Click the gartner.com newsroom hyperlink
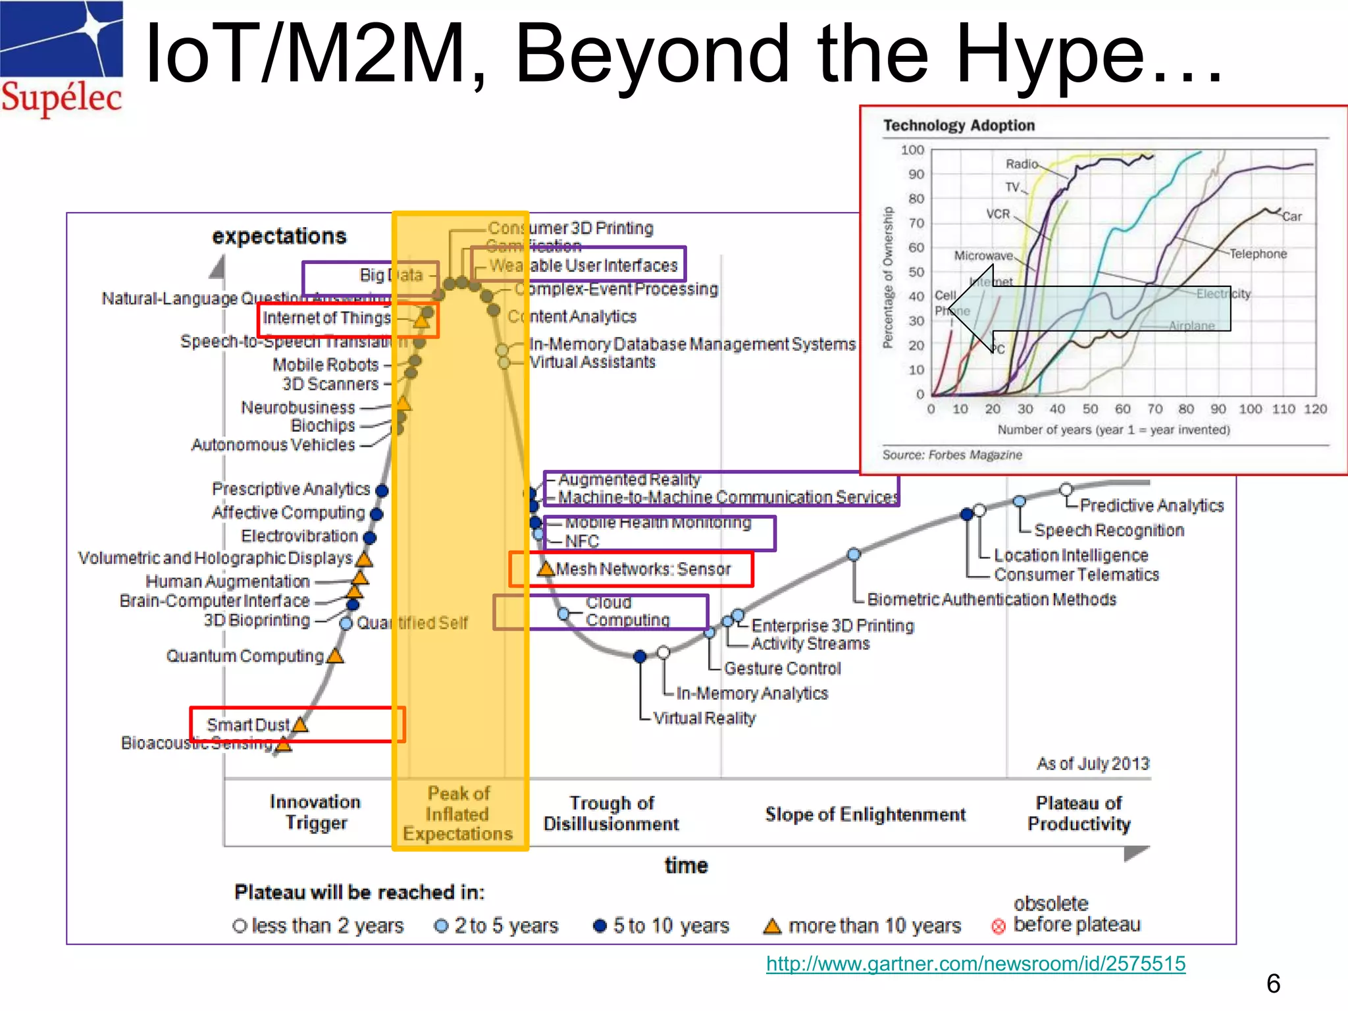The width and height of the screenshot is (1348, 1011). (975, 964)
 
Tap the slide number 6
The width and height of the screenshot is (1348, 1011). (1273, 983)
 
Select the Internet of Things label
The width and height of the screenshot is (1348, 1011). (326, 318)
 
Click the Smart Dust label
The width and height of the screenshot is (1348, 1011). (247, 725)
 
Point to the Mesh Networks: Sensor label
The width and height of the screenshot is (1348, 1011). (643, 569)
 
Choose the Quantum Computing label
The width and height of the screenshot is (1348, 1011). (245, 656)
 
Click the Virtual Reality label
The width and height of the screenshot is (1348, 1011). (704, 718)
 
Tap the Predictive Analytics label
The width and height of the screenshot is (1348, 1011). (1151, 505)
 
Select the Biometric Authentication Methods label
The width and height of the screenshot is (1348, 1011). (991, 600)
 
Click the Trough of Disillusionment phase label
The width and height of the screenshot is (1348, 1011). (611, 814)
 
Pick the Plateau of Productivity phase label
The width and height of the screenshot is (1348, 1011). (1079, 814)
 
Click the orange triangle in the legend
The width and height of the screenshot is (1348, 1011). (772, 926)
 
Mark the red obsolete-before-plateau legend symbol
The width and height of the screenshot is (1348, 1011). (998, 927)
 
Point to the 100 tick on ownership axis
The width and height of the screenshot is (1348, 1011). (912, 150)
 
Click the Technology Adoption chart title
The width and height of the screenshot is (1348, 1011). (958, 125)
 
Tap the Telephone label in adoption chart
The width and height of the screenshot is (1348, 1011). (1258, 254)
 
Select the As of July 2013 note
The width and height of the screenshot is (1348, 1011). (1093, 764)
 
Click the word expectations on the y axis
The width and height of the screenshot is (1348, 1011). (279, 236)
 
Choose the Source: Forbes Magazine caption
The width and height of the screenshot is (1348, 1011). (952, 455)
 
